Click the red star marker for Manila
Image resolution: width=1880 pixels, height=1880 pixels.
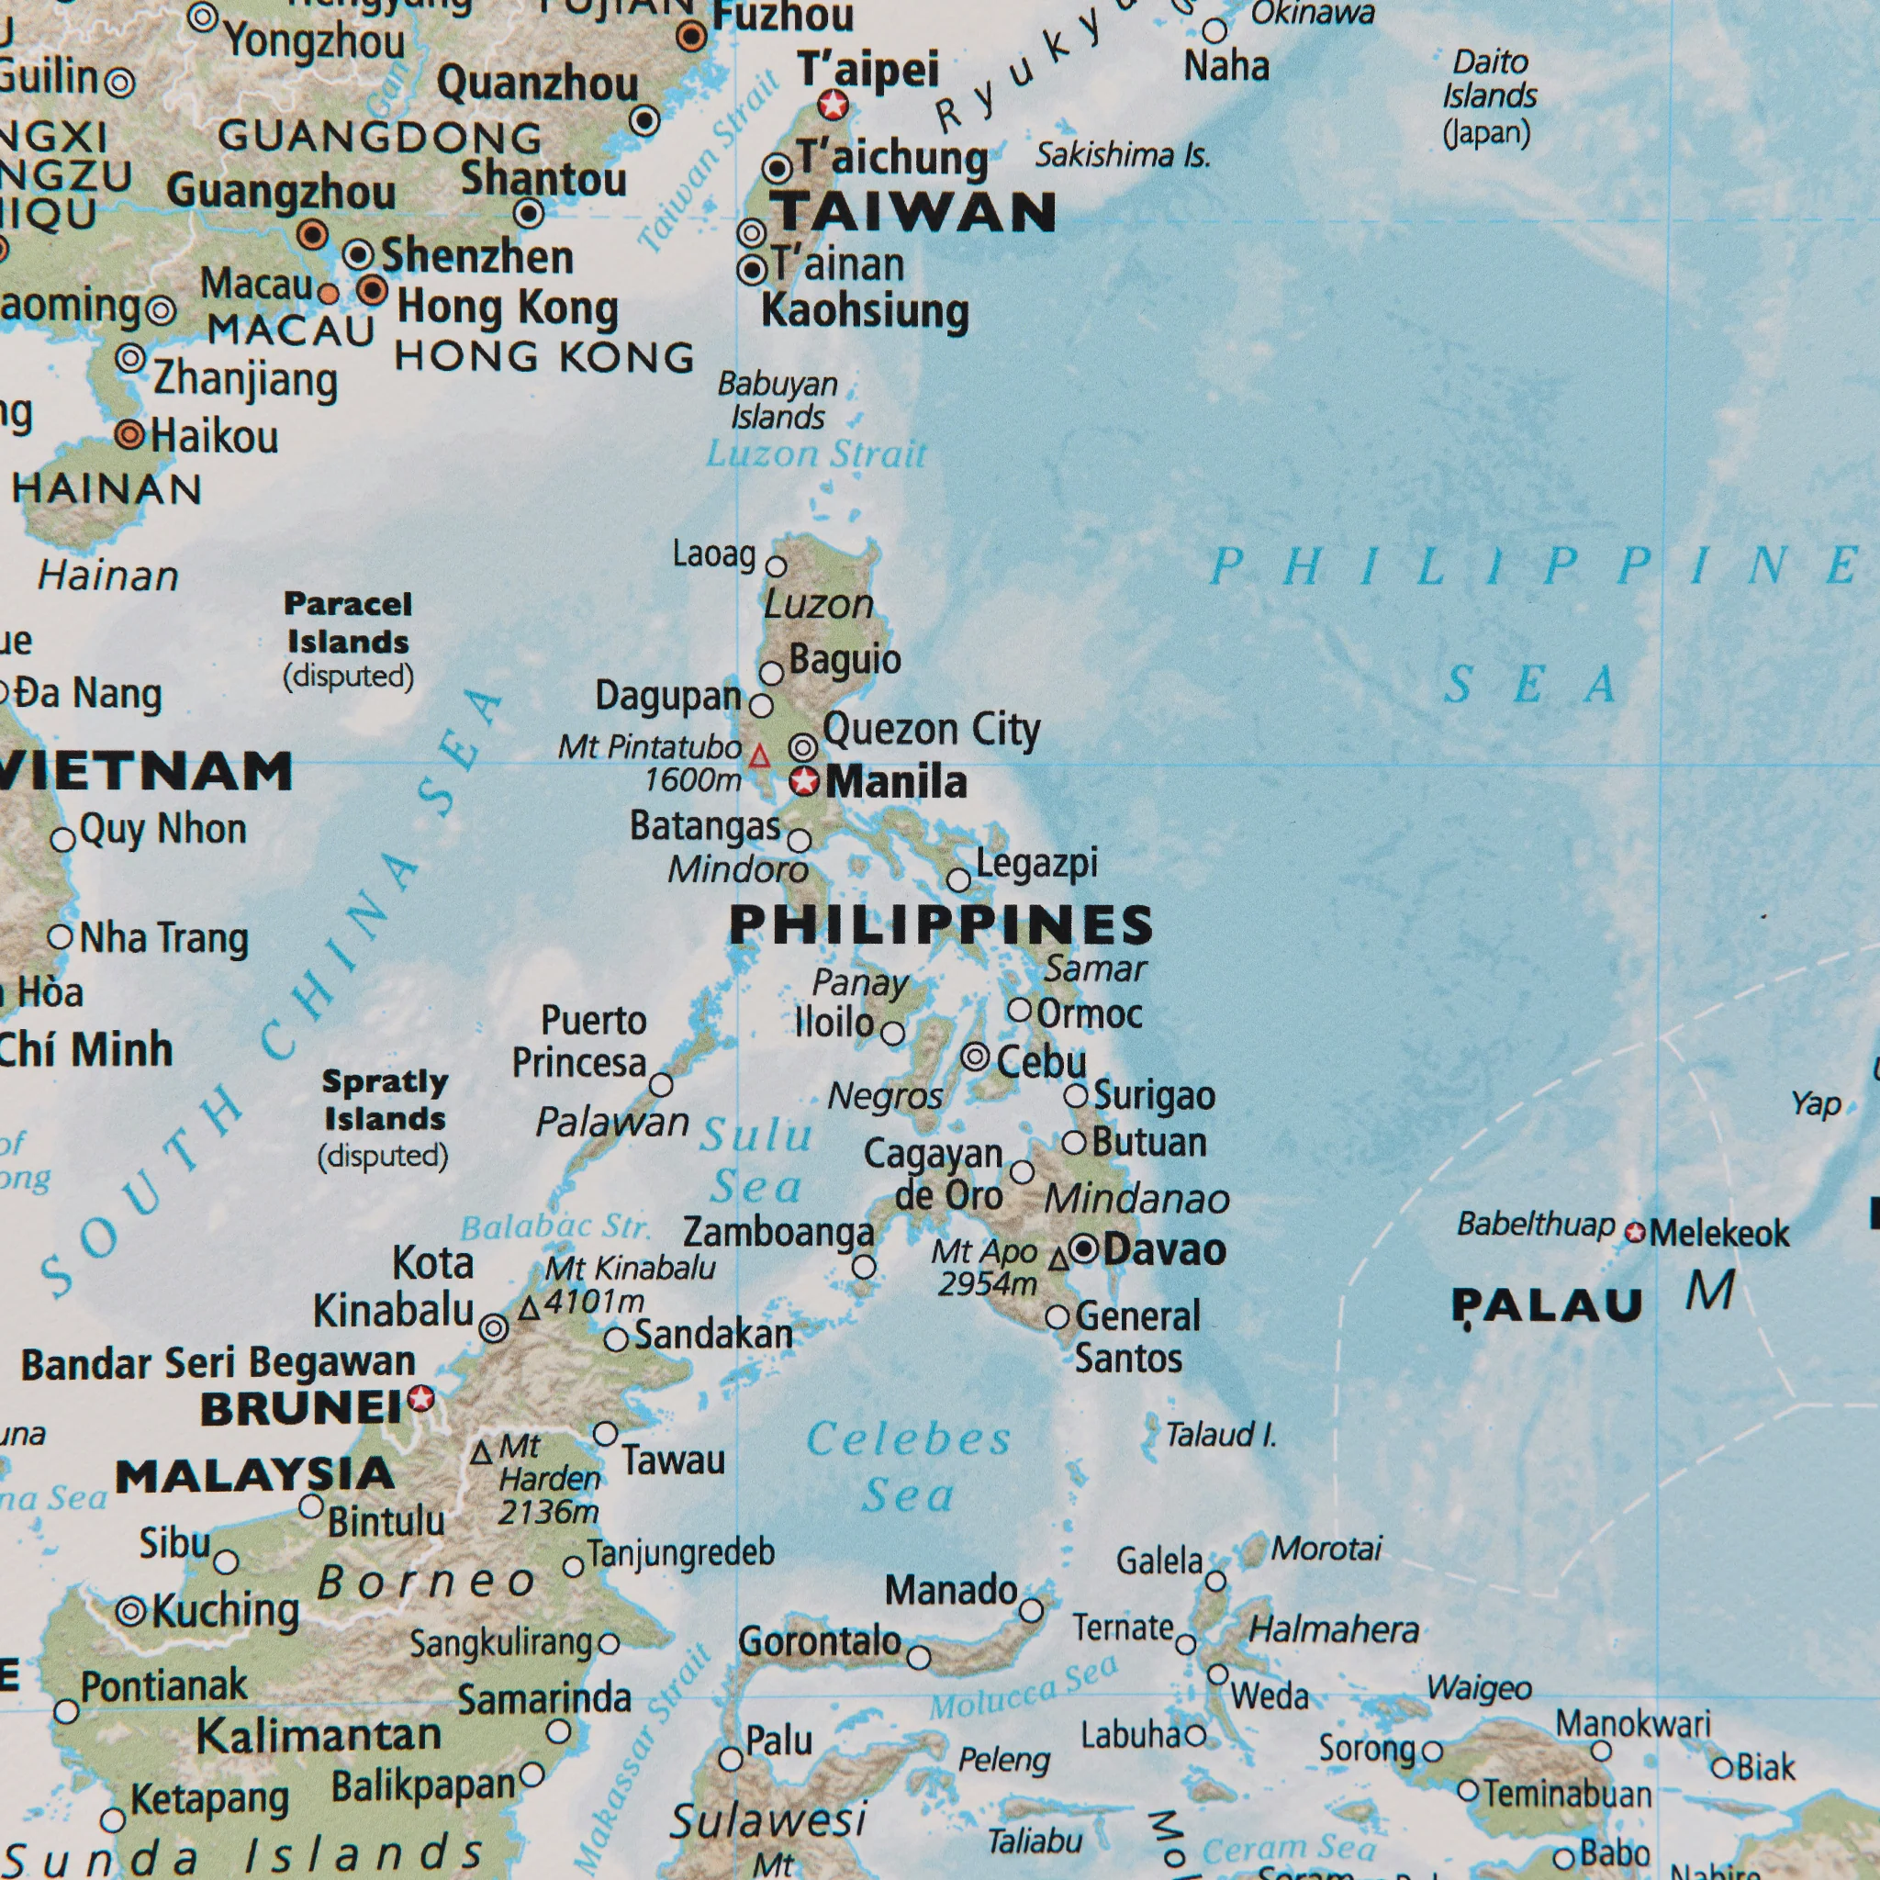[804, 781]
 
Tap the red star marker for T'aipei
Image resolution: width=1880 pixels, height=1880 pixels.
[833, 104]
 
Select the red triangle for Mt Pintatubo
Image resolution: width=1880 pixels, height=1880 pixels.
[759, 756]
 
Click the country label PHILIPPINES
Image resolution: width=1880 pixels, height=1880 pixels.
[941, 924]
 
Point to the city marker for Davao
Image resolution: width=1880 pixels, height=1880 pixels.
[1084, 1248]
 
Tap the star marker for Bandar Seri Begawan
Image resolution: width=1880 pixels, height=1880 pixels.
[420, 1398]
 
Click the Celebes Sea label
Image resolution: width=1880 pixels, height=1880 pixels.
[909, 1466]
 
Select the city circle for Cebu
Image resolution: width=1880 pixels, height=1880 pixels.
[975, 1057]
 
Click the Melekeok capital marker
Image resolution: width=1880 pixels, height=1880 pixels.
[1636, 1233]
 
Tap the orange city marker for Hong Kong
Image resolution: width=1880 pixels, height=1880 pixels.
[372, 290]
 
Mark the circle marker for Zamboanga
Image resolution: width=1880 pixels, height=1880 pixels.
[863, 1267]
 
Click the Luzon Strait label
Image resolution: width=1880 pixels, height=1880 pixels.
[815, 454]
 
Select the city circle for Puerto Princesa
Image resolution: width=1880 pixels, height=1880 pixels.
[661, 1084]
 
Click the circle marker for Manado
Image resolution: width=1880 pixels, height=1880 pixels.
[1031, 1610]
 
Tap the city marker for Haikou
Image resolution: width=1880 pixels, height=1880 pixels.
[129, 435]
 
